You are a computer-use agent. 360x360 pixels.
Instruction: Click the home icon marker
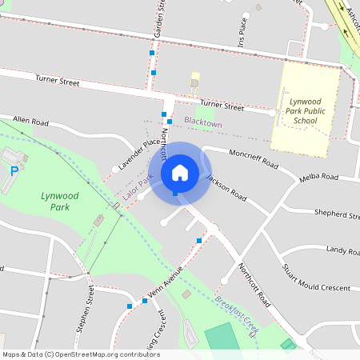180,172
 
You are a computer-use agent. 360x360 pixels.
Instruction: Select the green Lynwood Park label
55,201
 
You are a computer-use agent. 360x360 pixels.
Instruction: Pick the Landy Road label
342,250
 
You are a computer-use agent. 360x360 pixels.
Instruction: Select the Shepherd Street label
336,214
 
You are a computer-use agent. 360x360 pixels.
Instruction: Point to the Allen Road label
30,122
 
